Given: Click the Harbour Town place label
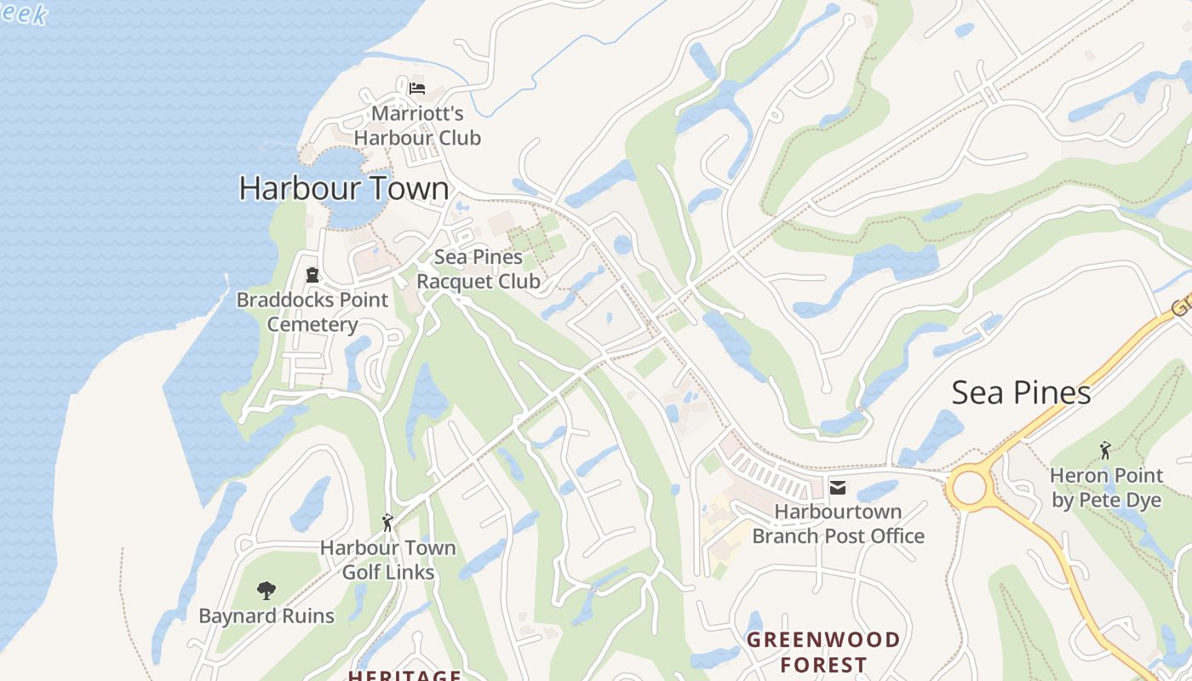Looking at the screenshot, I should [x=343, y=188].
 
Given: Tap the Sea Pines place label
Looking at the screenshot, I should [x=1021, y=392].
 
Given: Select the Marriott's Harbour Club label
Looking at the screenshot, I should [x=417, y=125].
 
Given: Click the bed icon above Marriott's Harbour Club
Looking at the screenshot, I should [x=417, y=88].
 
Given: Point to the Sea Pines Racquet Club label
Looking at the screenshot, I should [x=479, y=269].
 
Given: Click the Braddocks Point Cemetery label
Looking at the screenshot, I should [x=312, y=312].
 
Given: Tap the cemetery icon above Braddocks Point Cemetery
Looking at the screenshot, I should [x=312, y=275].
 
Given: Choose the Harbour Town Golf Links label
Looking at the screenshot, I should [x=388, y=560].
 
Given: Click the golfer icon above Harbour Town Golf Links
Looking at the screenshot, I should [x=388, y=522].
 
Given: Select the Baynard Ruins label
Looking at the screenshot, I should [x=266, y=615].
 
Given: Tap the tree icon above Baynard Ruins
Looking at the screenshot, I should [x=266, y=590].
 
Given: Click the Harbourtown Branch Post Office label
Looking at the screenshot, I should [x=838, y=524].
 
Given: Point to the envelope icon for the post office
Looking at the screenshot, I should [x=838, y=488].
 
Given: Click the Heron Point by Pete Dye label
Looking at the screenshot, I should [x=1106, y=487].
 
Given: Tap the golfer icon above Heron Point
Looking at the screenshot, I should [x=1105, y=449].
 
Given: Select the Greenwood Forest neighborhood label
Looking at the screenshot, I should [x=823, y=651].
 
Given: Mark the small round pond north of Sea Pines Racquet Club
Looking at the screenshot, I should [x=623, y=244].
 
